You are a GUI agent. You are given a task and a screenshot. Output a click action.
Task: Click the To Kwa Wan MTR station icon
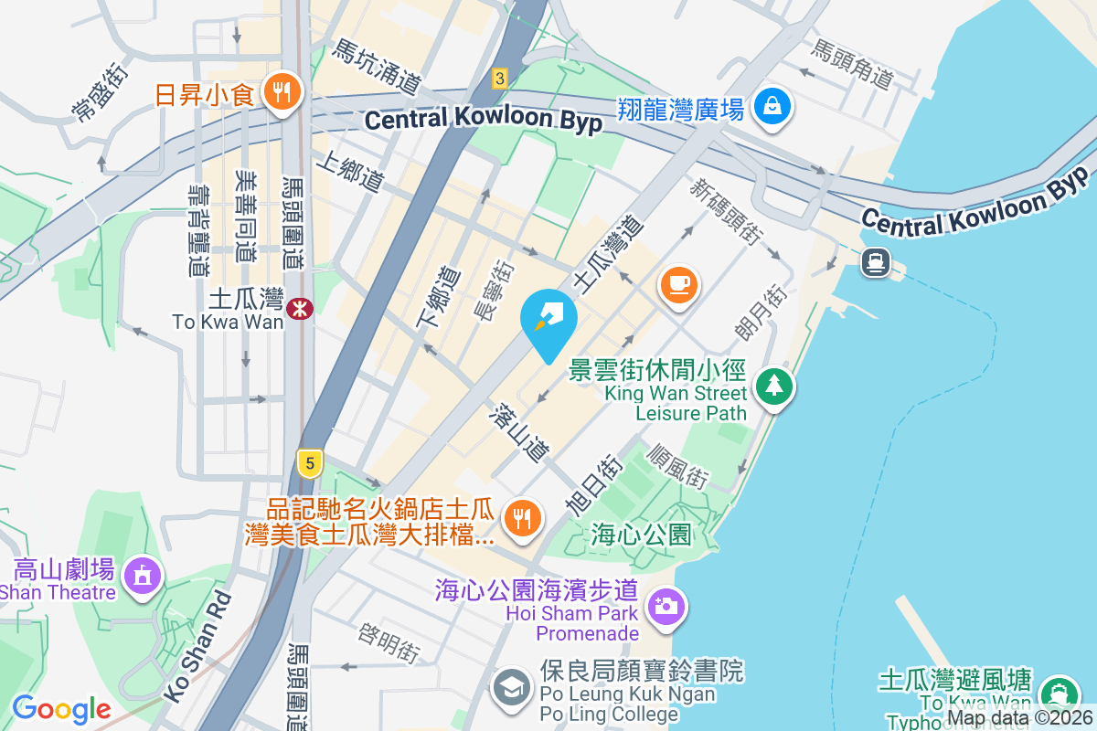(x=299, y=309)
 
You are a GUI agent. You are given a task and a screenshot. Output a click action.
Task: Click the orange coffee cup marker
(x=678, y=284)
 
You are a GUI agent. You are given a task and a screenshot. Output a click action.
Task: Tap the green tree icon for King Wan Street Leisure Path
(x=774, y=385)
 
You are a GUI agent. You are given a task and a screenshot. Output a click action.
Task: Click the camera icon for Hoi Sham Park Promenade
(x=666, y=605)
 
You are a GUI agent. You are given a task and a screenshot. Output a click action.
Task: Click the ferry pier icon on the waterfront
(x=876, y=262)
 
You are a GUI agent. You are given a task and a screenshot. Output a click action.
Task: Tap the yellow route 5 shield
(x=311, y=463)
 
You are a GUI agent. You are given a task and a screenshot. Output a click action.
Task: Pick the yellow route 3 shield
(x=499, y=79)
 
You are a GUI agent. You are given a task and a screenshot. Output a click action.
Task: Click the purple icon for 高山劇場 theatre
(x=144, y=577)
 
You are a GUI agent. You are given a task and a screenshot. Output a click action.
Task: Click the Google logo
(x=61, y=709)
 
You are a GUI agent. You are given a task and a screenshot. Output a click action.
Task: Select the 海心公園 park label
(x=641, y=534)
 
